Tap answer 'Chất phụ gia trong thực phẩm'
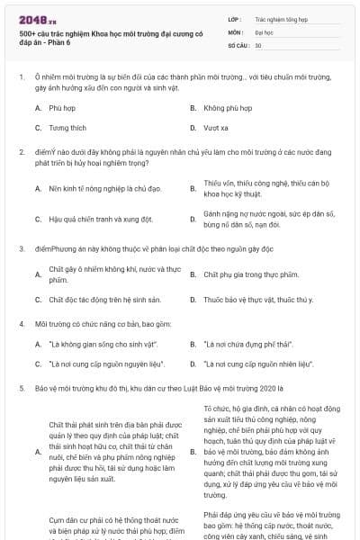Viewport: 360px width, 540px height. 250,274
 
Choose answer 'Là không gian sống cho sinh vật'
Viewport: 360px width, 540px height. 103,345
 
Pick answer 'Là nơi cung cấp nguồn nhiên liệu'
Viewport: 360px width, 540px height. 257,364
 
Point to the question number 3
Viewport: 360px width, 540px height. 22,247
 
